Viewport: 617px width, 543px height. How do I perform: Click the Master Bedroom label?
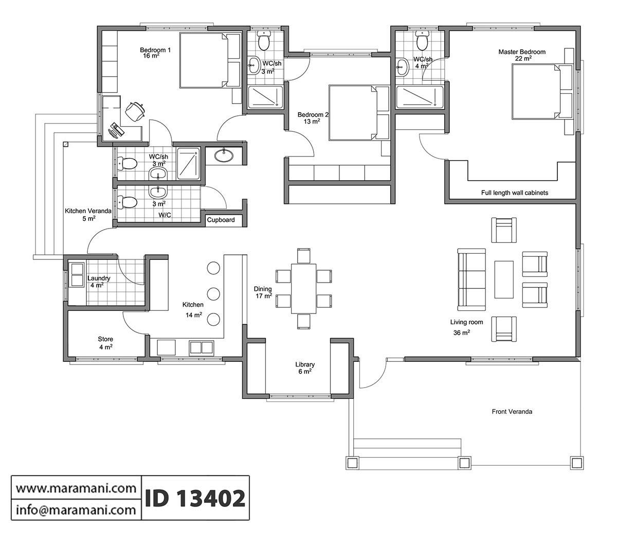point(522,52)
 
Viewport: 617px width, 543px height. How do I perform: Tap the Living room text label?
point(467,322)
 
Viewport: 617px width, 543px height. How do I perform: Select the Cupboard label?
point(221,220)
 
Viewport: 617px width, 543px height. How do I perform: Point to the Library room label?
point(304,364)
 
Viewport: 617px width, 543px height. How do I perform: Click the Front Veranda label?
point(512,412)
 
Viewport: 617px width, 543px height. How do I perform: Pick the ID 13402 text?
point(195,498)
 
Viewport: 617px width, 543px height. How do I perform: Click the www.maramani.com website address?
point(76,487)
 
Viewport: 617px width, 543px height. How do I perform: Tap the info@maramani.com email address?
point(76,510)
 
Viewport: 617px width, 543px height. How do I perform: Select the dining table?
point(304,288)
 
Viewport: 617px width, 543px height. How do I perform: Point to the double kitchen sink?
point(202,347)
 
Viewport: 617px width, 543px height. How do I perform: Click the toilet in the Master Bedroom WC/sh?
point(422,40)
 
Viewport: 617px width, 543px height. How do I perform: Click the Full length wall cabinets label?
point(514,193)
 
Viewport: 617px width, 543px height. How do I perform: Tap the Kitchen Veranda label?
point(88,211)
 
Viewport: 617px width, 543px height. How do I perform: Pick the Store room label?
point(105,340)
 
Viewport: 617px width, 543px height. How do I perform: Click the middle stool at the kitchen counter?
point(213,294)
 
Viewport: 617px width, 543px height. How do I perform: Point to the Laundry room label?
point(98,278)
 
